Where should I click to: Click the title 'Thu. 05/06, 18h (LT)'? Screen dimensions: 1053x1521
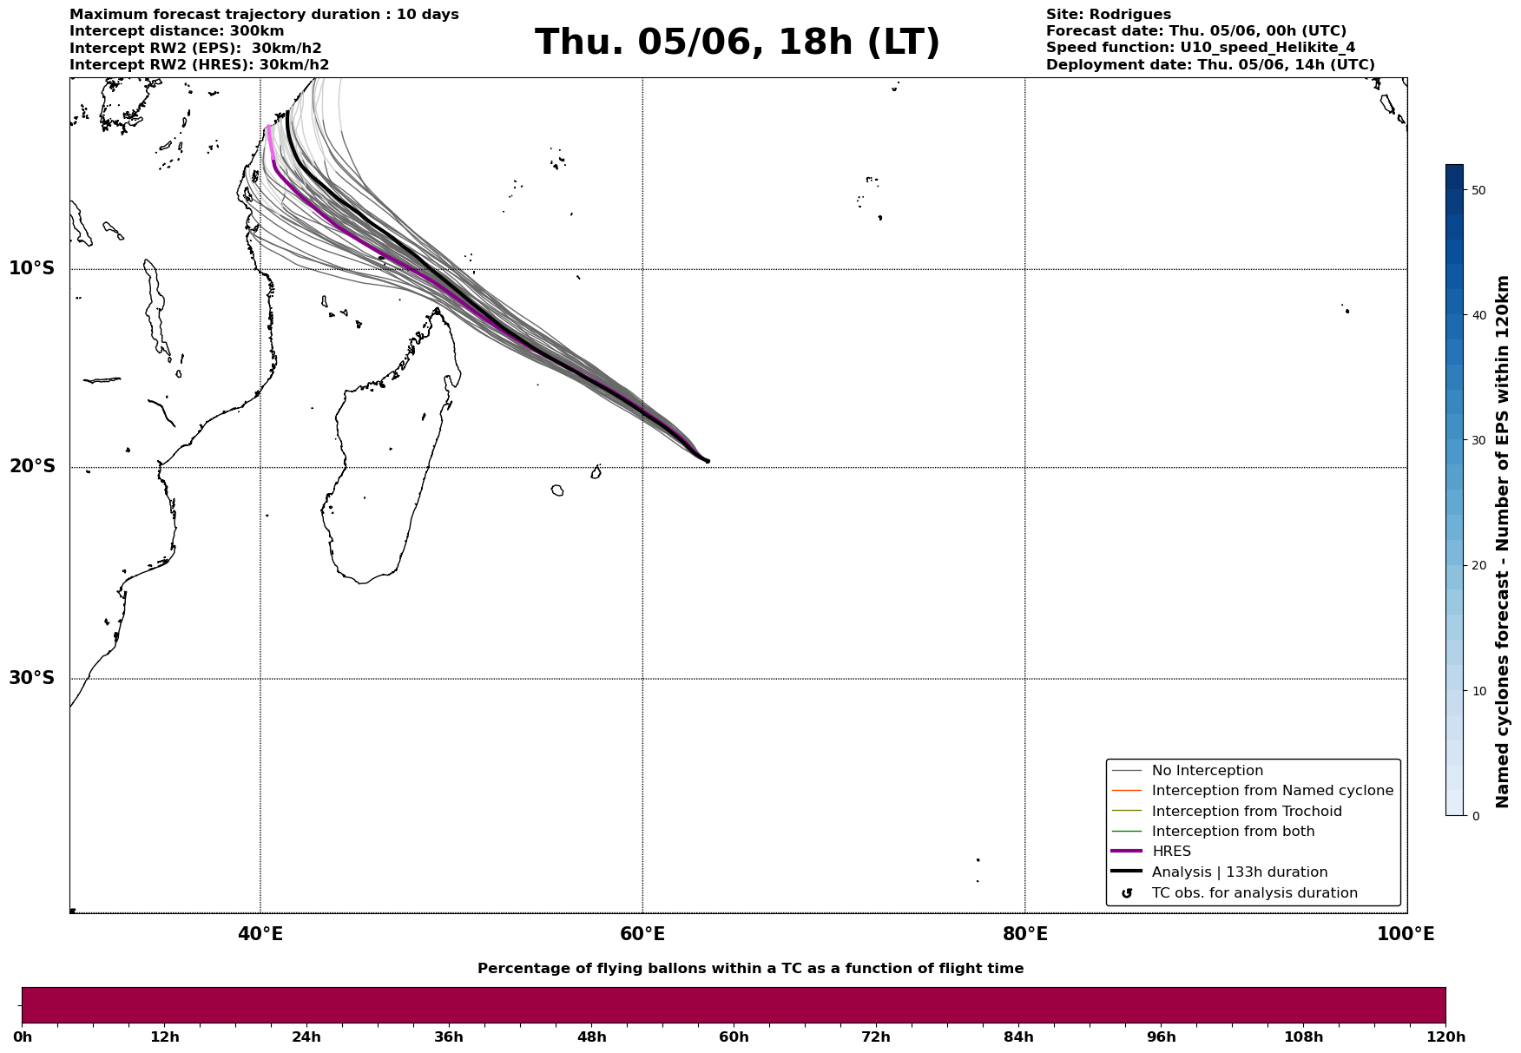(737, 43)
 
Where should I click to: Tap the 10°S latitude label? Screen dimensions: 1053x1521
(32, 268)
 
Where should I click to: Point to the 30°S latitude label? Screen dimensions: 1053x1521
(32, 678)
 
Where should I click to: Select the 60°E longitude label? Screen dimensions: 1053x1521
(642, 934)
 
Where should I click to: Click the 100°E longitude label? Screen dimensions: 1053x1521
(1406, 934)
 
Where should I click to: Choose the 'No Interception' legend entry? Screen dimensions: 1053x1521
(1207, 771)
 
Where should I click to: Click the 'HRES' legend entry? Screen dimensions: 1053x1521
(1171, 852)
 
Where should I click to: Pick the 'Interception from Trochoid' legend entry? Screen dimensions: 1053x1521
(1246, 812)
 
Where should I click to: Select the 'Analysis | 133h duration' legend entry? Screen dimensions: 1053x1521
(1239, 872)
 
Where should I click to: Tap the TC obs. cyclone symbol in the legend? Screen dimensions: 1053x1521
(1127, 893)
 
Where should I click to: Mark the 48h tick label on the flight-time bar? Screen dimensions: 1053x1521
(591, 1037)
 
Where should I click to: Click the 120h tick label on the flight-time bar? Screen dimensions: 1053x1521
(1445, 1037)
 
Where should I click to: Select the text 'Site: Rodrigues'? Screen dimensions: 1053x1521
(1108, 15)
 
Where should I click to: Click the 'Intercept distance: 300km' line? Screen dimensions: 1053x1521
(176, 31)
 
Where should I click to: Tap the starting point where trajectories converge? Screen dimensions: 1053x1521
(708, 461)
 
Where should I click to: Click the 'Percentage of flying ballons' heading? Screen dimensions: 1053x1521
(750, 969)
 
